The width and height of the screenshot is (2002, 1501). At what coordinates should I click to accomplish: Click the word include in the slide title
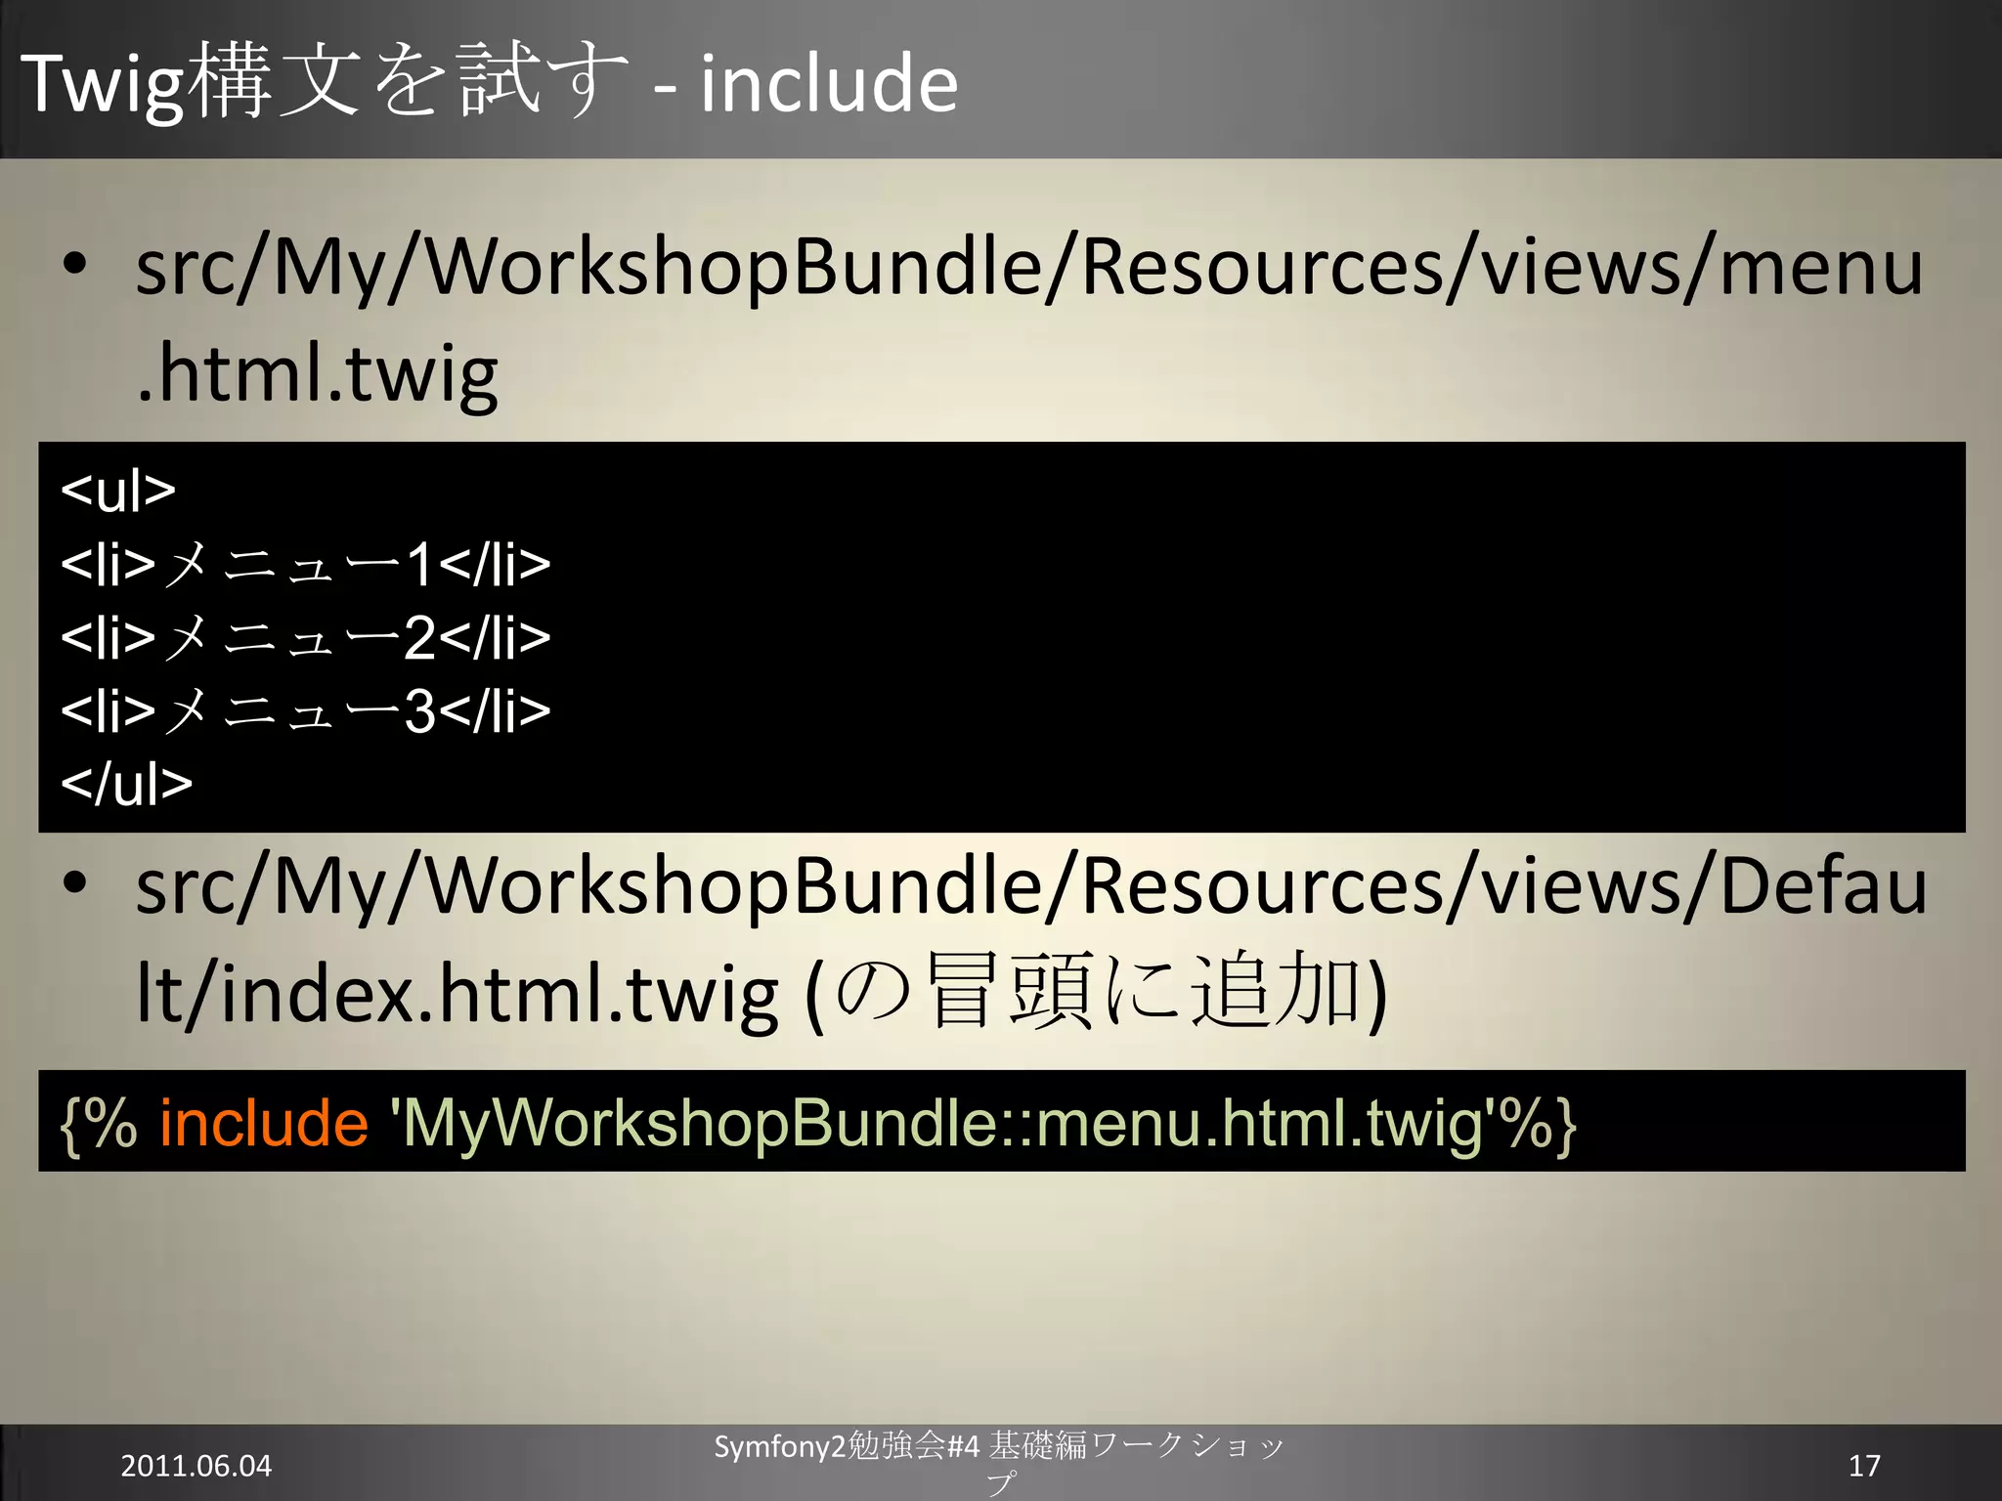(x=828, y=84)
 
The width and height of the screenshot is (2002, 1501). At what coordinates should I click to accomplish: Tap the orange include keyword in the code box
(x=264, y=1123)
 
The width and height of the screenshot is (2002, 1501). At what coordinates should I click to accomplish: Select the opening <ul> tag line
(x=118, y=491)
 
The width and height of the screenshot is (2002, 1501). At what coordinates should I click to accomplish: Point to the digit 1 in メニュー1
(x=420, y=565)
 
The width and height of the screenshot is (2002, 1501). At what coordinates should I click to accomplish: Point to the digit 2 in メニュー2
(x=420, y=638)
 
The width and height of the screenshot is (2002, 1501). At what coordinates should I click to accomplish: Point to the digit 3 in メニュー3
(x=420, y=711)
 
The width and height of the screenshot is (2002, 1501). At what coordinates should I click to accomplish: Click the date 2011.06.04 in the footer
(x=196, y=1466)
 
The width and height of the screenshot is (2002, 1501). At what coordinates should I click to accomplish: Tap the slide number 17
(x=1864, y=1466)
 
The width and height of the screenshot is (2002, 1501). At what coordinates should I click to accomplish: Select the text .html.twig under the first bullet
(x=317, y=374)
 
